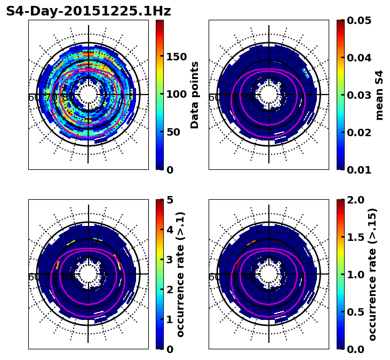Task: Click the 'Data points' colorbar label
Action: pyautogui.click(x=195, y=95)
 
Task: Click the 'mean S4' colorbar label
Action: pyautogui.click(x=379, y=95)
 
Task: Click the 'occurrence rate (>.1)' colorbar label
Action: pyautogui.click(x=181, y=274)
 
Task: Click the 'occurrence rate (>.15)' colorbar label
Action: pyautogui.click(x=372, y=274)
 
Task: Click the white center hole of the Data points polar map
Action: pyautogui.click(x=89, y=95)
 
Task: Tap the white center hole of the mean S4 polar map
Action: pyautogui.click(x=269, y=95)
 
